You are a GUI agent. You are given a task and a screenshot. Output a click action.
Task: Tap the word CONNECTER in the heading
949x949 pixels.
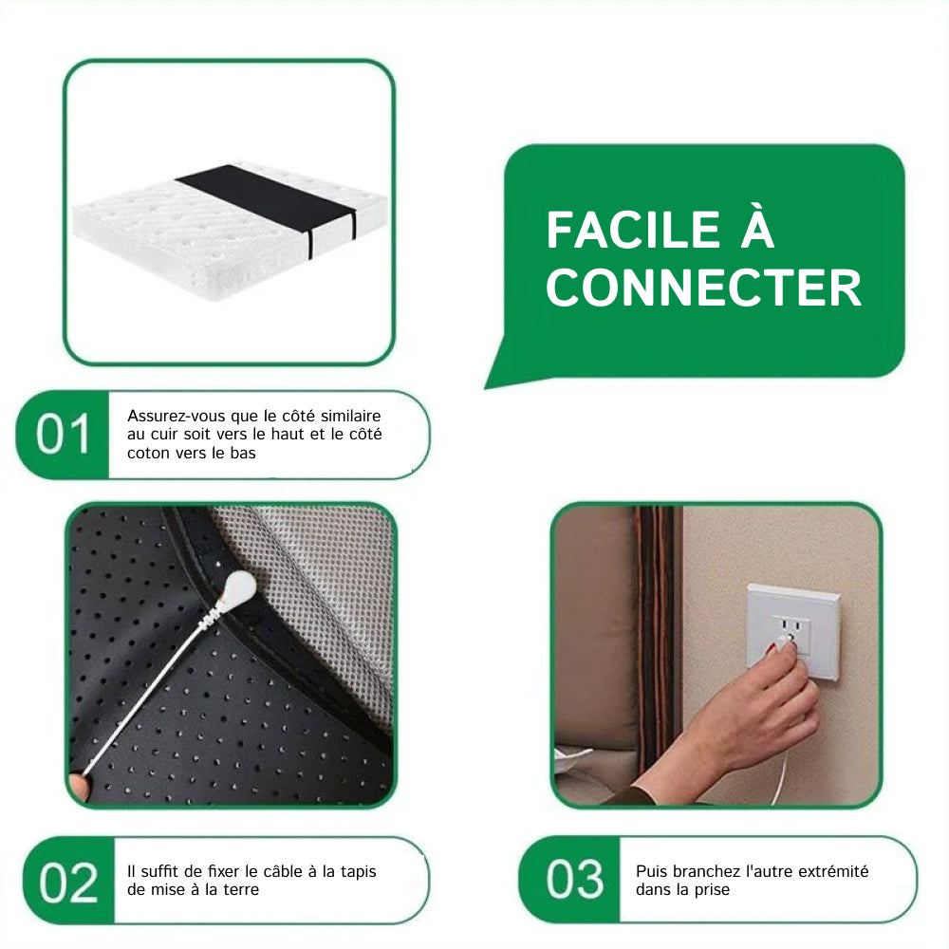pos(704,288)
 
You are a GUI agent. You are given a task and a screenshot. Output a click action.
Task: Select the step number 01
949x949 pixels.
pos(63,435)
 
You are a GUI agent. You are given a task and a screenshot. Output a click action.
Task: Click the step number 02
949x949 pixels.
pos(68,883)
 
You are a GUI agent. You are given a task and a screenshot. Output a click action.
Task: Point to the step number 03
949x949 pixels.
pos(575,879)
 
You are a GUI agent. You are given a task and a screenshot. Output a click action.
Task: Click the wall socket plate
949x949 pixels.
pos(793,632)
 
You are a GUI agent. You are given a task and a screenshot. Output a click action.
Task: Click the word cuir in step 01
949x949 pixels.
pos(164,434)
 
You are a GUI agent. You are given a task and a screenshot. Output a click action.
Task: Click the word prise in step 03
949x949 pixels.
pos(713,890)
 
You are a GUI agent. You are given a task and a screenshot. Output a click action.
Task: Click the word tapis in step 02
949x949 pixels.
pos(359,872)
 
